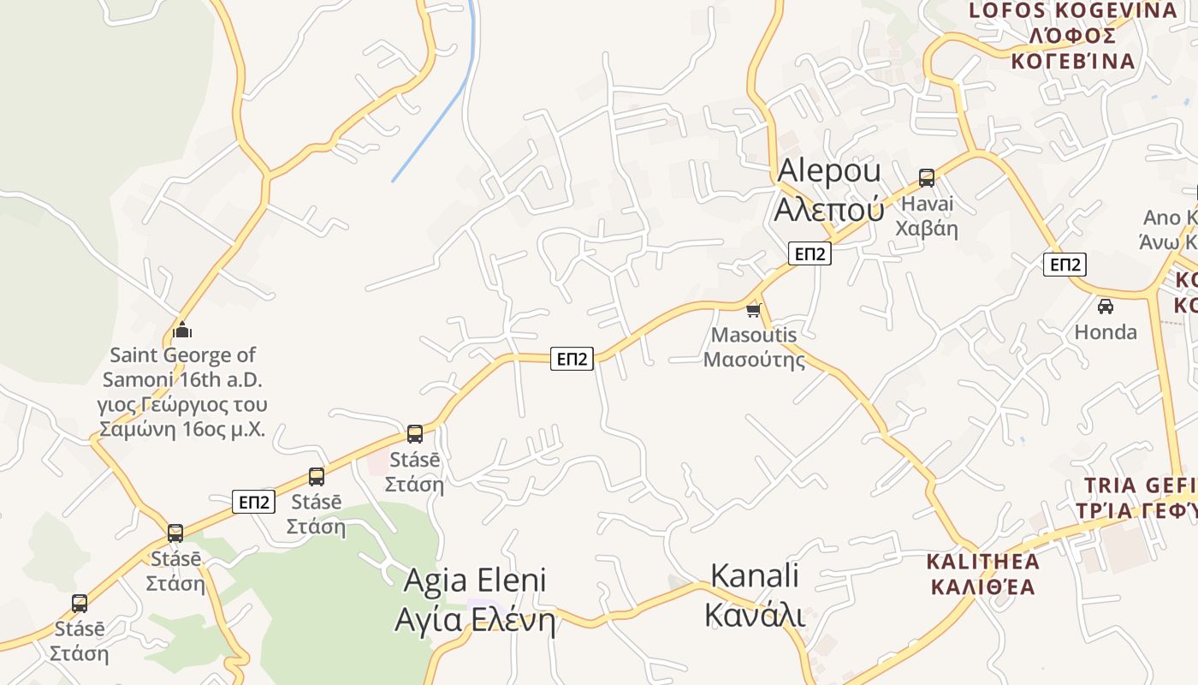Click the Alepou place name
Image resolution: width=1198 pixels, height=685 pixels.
pos(828,170)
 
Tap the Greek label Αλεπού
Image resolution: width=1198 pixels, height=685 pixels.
pos(828,208)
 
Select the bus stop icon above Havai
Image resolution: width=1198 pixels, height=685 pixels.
pos(927,178)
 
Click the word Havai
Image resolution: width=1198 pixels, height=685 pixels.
pos(927,205)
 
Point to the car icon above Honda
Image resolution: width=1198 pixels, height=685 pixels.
pos(1106,306)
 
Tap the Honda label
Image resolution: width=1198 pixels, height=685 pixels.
pos(1106,332)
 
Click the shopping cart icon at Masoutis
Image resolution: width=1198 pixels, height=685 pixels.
pos(754,310)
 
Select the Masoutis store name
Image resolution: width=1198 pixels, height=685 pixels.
pos(754,335)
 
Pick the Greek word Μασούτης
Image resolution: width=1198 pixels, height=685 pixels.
pos(754,359)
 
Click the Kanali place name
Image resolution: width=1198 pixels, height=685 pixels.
pos(755,576)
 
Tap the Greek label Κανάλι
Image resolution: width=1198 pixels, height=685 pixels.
pos(755,615)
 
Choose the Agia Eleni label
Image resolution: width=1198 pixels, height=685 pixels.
pos(474,581)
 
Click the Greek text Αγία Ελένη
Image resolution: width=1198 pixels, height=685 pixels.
pos(474,620)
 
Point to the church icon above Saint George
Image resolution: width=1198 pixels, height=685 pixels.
pos(182,330)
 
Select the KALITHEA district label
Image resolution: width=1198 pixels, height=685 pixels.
pos(983,562)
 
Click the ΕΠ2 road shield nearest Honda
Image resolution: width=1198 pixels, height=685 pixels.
pos(1065,265)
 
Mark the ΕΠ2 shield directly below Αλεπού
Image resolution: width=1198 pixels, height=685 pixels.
pos(810,253)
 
